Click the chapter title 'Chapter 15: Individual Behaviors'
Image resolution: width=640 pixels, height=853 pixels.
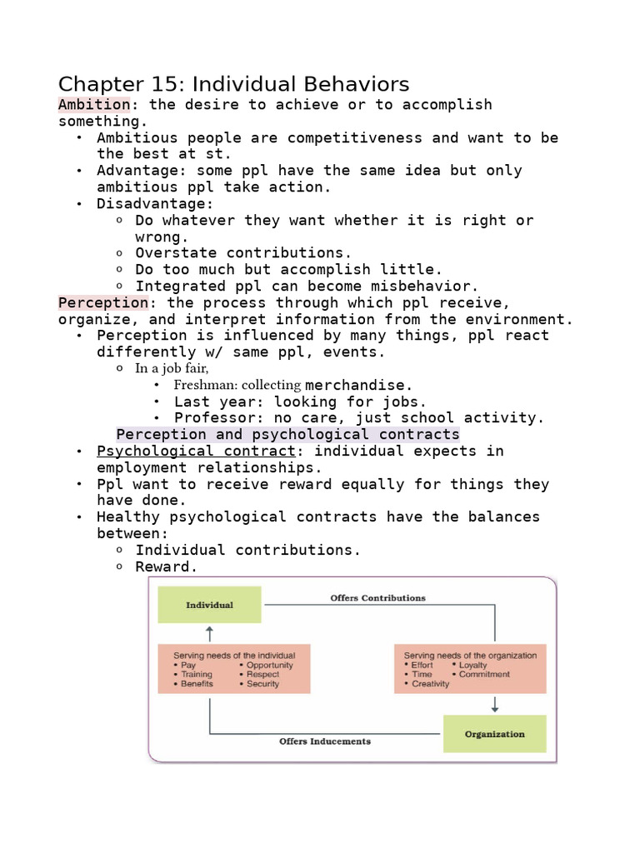[x=233, y=84]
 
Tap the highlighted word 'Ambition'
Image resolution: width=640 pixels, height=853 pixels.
[x=93, y=104]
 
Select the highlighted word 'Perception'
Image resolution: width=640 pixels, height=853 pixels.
[x=102, y=302]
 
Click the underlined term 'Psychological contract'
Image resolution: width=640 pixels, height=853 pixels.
[x=196, y=451]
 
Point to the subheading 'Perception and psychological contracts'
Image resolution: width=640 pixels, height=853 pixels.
[x=287, y=434]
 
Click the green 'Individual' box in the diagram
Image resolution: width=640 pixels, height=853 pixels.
[x=209, y=605]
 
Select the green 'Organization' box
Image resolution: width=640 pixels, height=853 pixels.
[x=494, y=734]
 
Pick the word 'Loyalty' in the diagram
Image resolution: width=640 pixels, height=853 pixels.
[x=472, y=666]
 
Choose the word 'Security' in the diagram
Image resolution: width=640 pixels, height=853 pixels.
[x=263, y=684]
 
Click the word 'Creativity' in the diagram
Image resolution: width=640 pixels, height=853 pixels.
[x=430, y=684]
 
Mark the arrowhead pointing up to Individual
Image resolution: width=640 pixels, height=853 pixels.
[x=209, y=629]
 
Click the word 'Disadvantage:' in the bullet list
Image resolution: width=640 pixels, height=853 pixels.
[x=155, y=203]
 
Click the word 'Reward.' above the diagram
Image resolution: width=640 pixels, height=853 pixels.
[x=167, y=566]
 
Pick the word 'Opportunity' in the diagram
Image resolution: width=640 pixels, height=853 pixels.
[x=270, y=666]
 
